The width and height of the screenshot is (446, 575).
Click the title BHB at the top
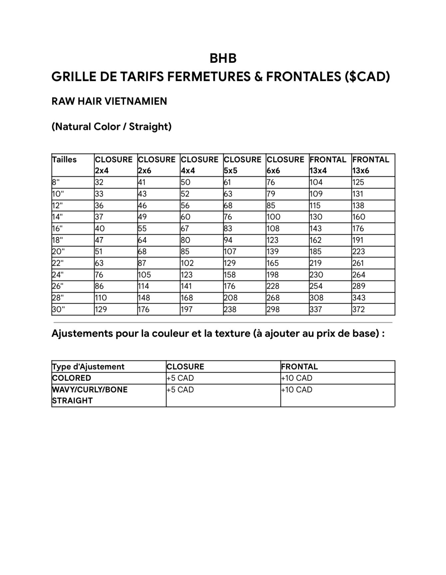[x=223, y=58]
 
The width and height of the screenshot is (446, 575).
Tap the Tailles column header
[x=64, y=160]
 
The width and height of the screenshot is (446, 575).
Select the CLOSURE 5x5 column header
[x=242, y=165]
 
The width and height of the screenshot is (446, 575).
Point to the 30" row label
[x=58, y=309]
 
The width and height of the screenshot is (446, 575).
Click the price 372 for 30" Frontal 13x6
[x=358, y=309]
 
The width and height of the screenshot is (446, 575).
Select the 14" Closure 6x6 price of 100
[x=274, y=217]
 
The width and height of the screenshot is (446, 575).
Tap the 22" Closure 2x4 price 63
[x=99, y=263]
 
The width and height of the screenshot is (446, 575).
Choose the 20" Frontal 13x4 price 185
[x=316, y=252]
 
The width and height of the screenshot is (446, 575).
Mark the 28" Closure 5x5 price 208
[x=230, y=298]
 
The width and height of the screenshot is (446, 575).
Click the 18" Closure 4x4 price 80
[x=186, y=240]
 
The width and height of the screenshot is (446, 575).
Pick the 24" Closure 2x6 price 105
[x=144, y=275]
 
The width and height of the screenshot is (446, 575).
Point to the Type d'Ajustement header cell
[x=88, y=367]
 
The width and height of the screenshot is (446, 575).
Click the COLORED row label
[x=72, y=378]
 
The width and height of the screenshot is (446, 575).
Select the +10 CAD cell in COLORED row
[x=297, y=378]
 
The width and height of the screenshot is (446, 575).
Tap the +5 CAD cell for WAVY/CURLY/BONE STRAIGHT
[x=180, y=390]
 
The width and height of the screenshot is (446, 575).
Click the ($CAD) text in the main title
[x=367, y=77]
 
